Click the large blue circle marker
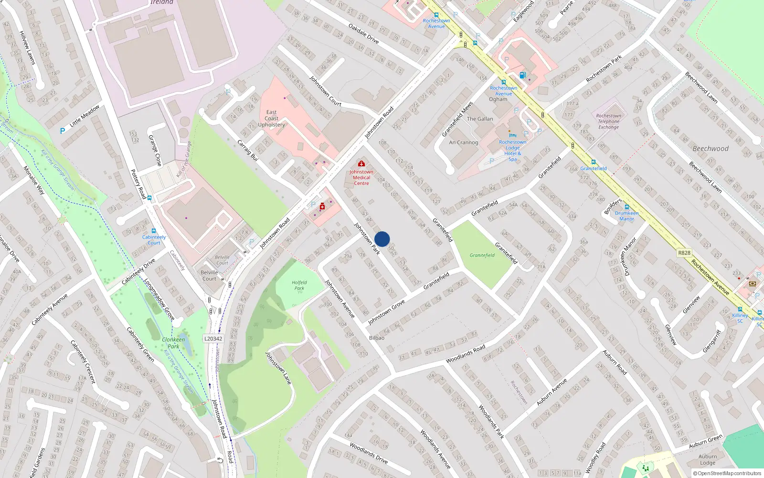point(382,239)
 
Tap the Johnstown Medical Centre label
point(361,177)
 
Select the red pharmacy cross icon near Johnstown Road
point(322,206)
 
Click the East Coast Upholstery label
point(271,119)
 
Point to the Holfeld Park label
point(299,285)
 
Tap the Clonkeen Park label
point(173,343)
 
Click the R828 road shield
point(684,252)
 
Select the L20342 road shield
point(213,338)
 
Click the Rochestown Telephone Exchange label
point(608,121)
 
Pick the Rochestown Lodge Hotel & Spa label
point(512,150)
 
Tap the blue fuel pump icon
point(522,75)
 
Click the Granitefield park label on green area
point(482,255)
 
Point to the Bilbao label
point(377,337)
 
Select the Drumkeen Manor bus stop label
point(626,216)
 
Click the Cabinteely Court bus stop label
point(154,239)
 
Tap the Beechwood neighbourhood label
point(711,149)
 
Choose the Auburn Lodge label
point(708,459)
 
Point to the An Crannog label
point(463,142)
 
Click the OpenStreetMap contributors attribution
point(727,473)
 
